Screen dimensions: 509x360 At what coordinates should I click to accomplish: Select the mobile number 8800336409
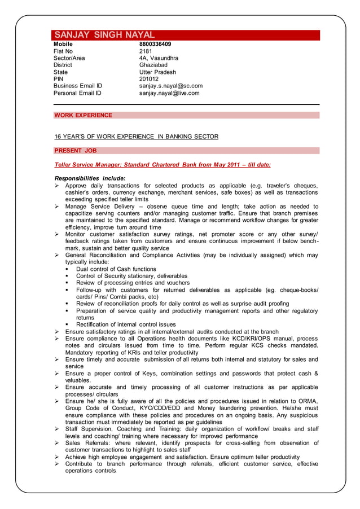(155, 44)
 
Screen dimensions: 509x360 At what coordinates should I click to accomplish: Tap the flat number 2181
(146, 51)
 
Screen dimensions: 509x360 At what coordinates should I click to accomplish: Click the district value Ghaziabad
(154, 65)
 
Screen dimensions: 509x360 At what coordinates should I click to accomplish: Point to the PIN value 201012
(149, 79)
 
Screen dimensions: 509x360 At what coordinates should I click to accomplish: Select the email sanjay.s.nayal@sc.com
(170, 86)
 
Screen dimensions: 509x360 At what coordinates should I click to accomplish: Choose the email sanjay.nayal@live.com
(169, 93)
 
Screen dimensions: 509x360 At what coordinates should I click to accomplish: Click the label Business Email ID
(78, 86)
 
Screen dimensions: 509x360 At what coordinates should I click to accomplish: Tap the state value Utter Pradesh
(157, 72)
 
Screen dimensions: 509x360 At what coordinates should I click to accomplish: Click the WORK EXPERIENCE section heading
(83, 115)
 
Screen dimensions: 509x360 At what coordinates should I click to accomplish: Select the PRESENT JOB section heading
(76, 151)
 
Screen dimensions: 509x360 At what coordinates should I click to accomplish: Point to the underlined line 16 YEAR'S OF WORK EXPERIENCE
(136, 137)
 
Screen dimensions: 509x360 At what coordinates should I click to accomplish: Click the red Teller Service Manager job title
(163, 165)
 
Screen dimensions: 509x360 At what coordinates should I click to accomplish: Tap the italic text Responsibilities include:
(89, 178)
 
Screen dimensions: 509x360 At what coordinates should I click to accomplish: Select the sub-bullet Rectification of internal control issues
(126, 324)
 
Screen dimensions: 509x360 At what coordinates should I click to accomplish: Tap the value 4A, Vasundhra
(159, 58)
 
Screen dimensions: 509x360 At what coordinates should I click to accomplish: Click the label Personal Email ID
(77, 93)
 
